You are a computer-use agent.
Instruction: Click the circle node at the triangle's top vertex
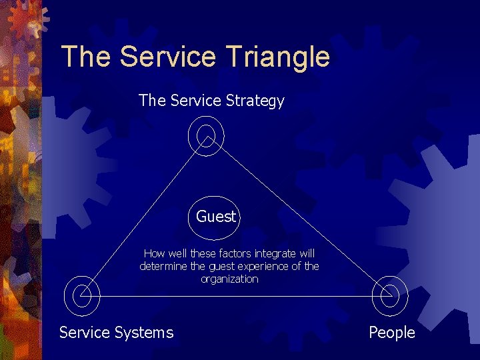click(206, 136)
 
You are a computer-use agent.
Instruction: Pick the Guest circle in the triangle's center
click(215, 217)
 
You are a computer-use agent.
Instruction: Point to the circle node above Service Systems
click(82, 294)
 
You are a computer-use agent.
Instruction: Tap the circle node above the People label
click(389, 294)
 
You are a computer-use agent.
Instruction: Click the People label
click(392, 332)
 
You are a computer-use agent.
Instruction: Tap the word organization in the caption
click(229, 279)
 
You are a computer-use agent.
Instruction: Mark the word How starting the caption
click(154, 254)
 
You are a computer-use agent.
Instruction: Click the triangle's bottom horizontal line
click(233, 296)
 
